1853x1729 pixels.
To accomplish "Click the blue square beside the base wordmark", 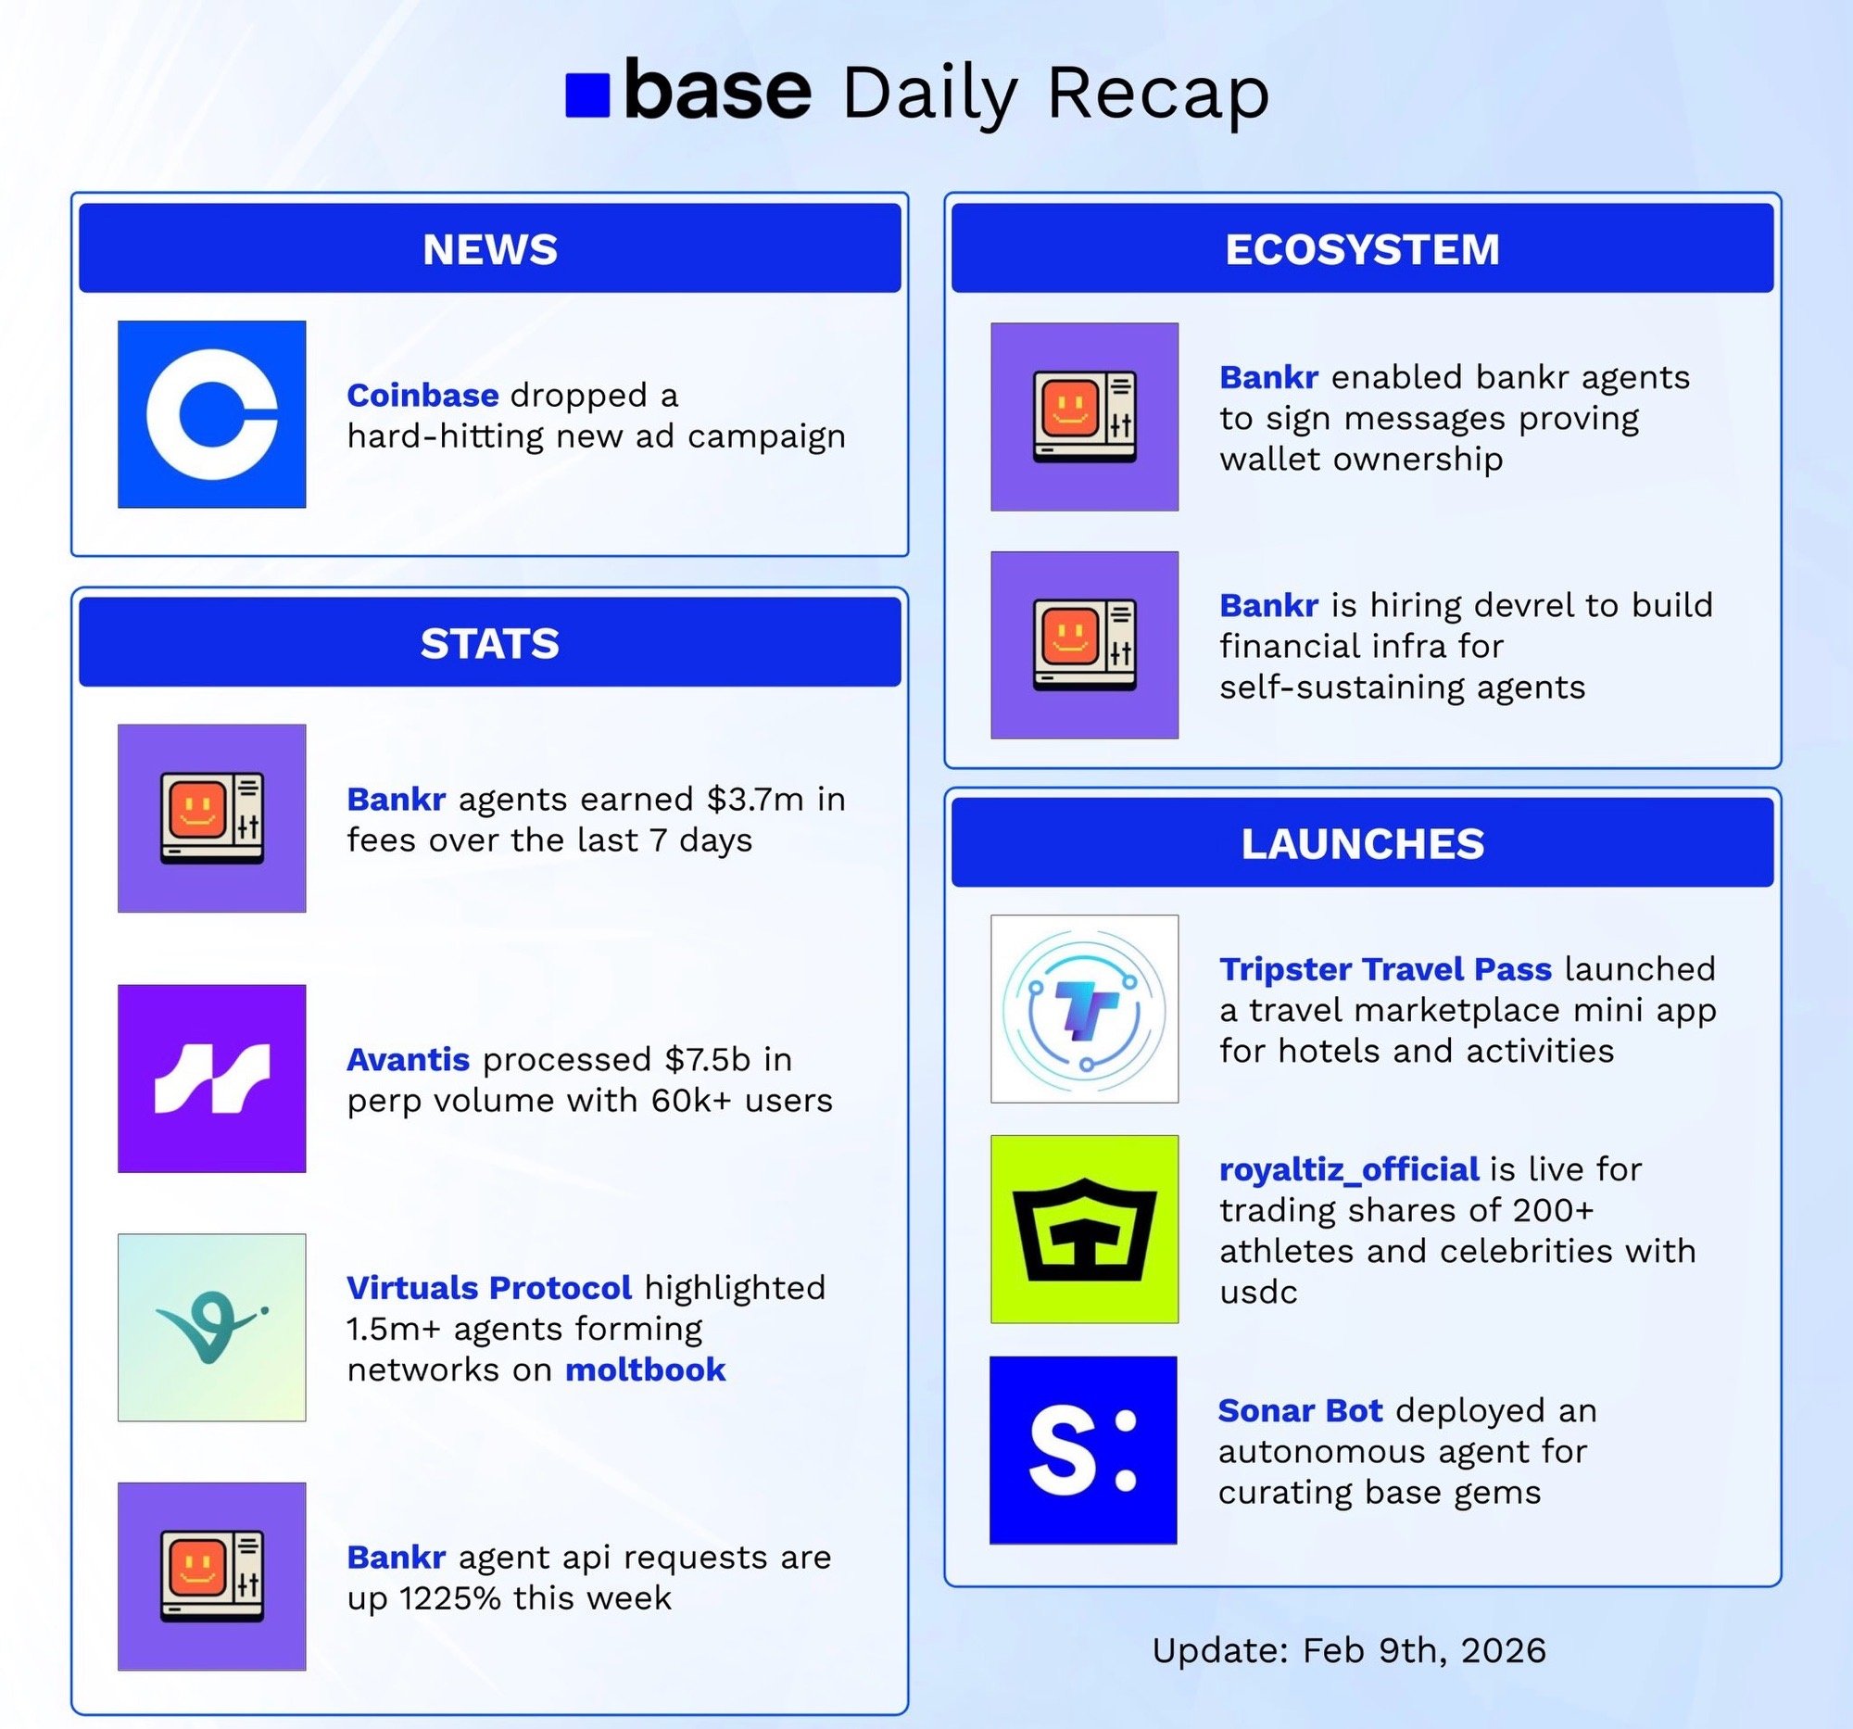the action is pyautogui.click(x=587, y=95).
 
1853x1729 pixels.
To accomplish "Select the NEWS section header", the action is pyautogui.click(x=489, y=248).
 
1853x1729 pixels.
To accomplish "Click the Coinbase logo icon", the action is pyautogui.click(x=211, y=414).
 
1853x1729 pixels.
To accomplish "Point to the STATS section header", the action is pyautogui.click(x=489, y=642).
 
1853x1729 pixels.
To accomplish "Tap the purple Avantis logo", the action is pyautogui.click(x=211, y=1078).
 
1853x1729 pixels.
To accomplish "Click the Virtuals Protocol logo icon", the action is pyautogui.click(x=211, y=1327).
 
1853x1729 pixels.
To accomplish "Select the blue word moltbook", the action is pyautogui.click(x=645, y=1369).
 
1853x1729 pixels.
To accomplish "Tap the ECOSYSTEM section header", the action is pyautogui.click(x=1362, y=248).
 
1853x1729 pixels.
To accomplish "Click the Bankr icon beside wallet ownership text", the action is pyautogui.click(x=1084, y=417).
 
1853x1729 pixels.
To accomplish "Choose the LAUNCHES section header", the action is pyautogui.click(x=1362, y=842).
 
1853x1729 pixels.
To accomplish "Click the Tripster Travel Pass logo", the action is pyautogui.click(x=1084, y=1008).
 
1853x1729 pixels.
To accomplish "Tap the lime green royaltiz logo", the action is pyautogui.click(x=1084, y=1229).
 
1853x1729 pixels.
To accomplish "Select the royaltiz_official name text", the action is pyautogui.click(x=1349, y=1169).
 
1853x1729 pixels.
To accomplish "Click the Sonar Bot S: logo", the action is pyautogui.click(x=1083, y=1449).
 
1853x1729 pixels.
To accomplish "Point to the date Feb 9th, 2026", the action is pyautogui.click(x=1423, y=1649).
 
